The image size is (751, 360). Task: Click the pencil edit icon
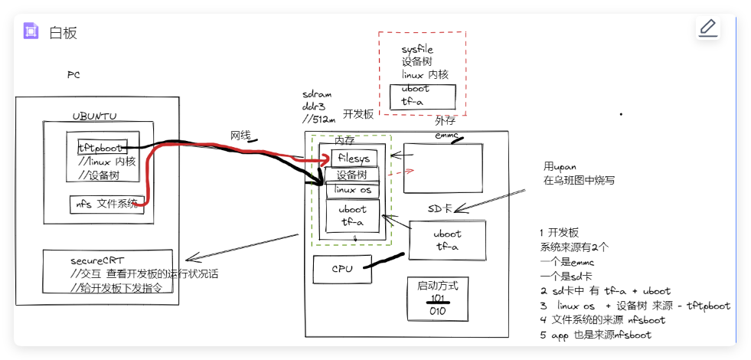708,28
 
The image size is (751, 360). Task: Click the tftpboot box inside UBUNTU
101,147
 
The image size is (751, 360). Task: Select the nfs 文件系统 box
106,205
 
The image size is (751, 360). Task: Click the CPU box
341,269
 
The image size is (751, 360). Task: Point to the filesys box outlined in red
354,159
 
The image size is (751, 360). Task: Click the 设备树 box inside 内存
351,175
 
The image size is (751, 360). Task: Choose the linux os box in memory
352,190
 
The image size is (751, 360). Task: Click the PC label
73,75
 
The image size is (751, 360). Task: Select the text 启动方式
437,285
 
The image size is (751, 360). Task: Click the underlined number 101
437,298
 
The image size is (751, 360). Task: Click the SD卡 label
442,208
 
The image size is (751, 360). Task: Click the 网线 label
240,135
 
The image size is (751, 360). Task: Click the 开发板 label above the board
358,114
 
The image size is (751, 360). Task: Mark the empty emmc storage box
443,169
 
